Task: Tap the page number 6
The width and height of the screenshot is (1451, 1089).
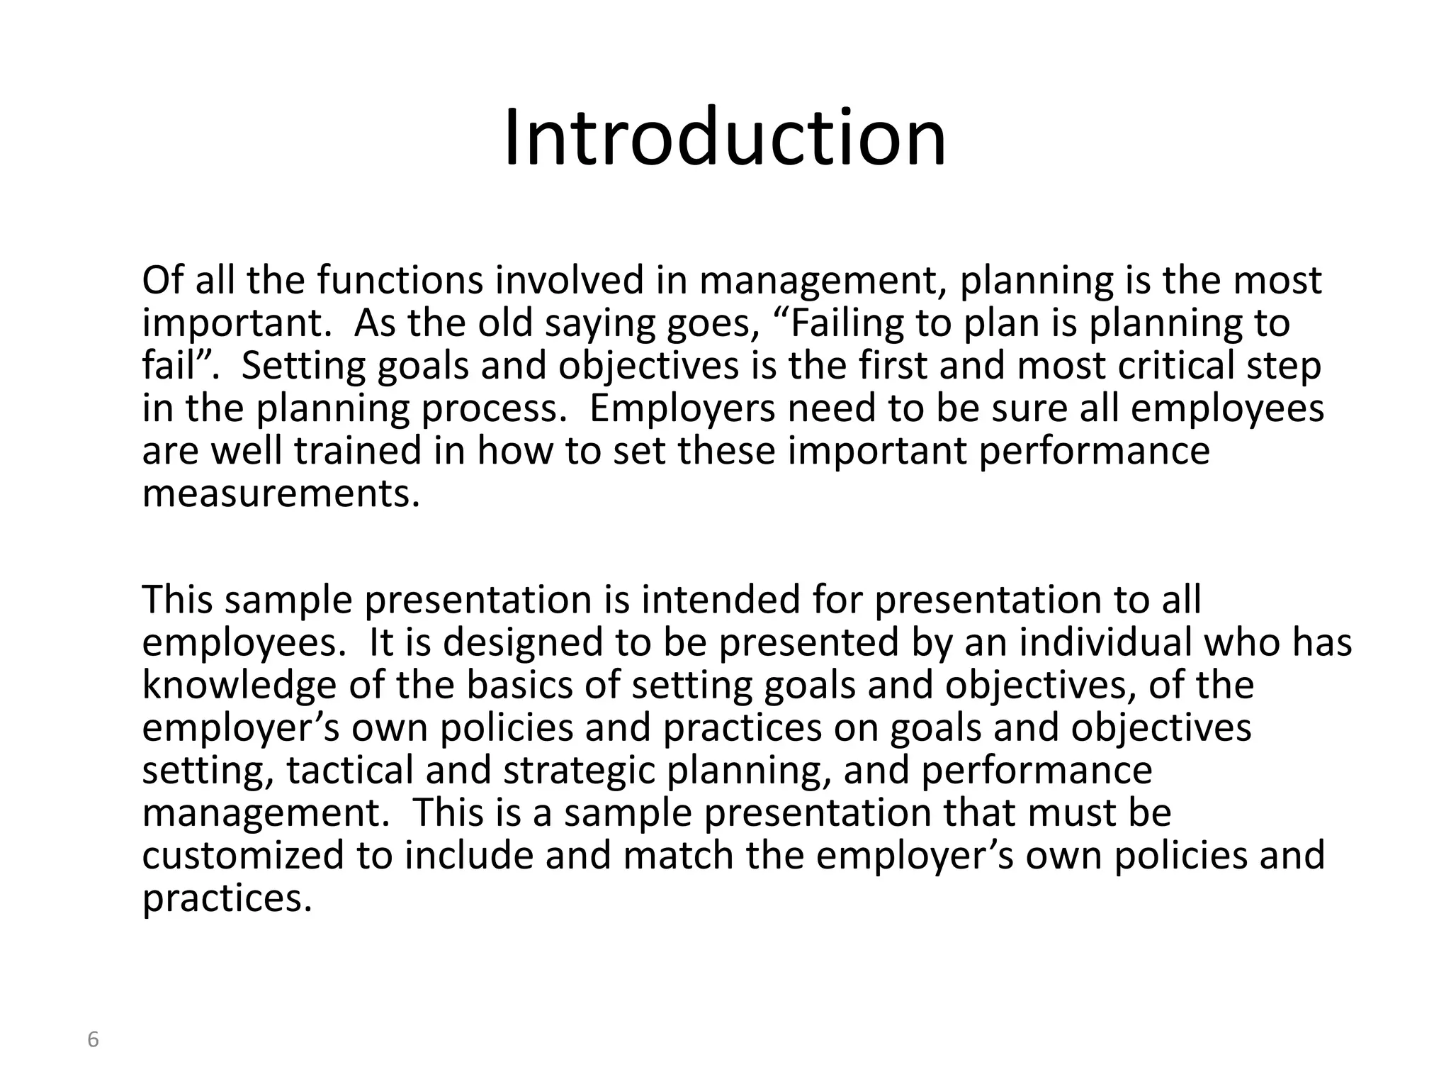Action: coord(93,1040)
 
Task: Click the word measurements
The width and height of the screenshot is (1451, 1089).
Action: coord(281,494)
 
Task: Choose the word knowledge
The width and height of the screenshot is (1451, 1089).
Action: coord(239,686)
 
